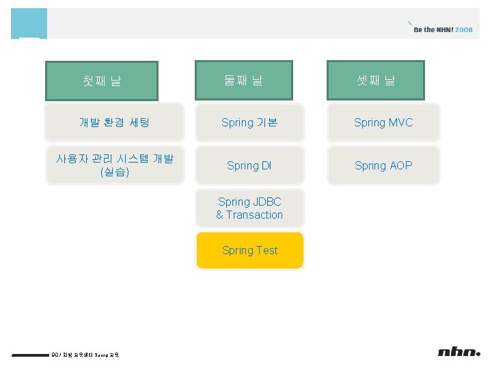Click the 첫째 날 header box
pyautogui.click(x=102, y=81)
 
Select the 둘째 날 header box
pyautogui.click(x=243, y=80)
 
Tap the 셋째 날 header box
pyautogui.click(x=376, y=80)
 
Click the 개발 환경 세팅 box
pyautogui.click(x=115, y=122)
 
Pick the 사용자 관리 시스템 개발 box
pyautogui.click(x=115, y=165)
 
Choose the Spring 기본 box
pyautogui.click(x=249, y=122)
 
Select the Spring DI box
pyautogui.click(x=249, y=165)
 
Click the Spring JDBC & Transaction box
pyautogui.click(x=249, y=208)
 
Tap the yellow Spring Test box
pyautogui.click(x=249, y=250)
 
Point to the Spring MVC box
pyautogui.click(x=383, y=122)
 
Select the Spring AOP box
pyautogui.click(x=383, y=165)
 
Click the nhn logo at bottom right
pyautogui.click(x=459, y=352)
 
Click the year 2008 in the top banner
pyautogui.click(x=463, y=30)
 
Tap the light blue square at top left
pyautogui.click(x=29, y=23)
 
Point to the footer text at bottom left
pyautogui.click(x=85, y=355)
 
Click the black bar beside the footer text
pyautogui.click(x=31, y=355)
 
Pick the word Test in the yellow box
pyautogui.click(x=267, y=250)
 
